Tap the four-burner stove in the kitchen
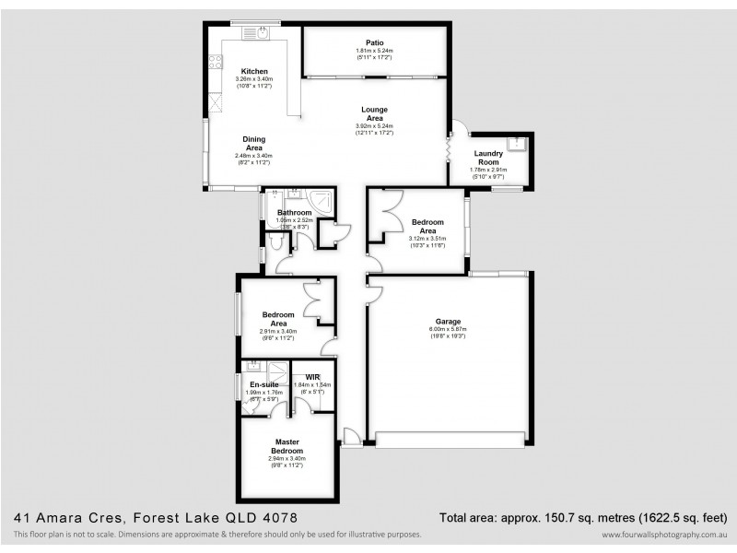[215, 62]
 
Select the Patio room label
[374, 42]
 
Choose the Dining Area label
[254, 143]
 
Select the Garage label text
[449, 321]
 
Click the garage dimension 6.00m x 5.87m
[449, 329]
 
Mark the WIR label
[312, 377]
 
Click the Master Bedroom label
[287, 446]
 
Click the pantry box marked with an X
[216, 101]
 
